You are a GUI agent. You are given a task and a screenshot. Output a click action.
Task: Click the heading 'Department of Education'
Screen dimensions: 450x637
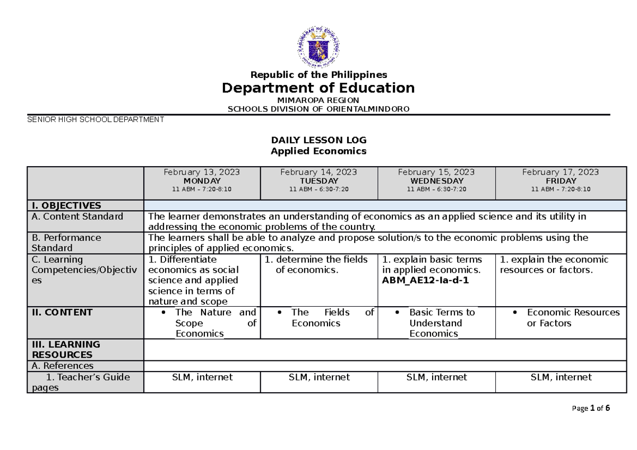(x=318, y=88)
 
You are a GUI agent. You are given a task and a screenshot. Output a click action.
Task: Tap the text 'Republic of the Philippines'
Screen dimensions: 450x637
(x=318, y=74)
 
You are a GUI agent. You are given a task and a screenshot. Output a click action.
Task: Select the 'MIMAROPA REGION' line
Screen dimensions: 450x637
(x=318, y=100)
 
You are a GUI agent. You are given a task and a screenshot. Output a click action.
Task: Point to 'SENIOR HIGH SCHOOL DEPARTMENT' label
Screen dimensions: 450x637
(x=96, y=119)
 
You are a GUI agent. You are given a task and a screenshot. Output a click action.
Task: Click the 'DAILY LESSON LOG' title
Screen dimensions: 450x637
(x=318, y=140)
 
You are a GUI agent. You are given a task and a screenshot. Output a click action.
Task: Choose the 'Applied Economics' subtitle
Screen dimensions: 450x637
(x=318, y=151)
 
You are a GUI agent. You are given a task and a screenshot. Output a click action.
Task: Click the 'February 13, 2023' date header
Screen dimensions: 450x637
(x=201, y=172)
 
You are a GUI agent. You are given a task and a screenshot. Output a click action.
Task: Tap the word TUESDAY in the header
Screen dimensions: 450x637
(x=318, y=181)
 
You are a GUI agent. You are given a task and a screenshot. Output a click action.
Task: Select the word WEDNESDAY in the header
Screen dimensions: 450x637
(x=436, y=181)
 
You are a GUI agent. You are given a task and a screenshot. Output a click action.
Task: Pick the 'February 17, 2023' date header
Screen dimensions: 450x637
(x=560, y=172)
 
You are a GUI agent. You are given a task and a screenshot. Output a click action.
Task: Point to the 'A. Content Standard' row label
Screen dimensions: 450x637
(x=78, y=216)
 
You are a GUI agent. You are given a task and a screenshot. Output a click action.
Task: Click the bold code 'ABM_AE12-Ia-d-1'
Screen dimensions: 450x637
(x=425, y=281)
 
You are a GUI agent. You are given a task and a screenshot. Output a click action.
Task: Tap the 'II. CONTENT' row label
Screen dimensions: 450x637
(x=62, y=312)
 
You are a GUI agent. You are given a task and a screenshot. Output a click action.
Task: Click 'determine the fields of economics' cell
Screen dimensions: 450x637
(x=318, y=265)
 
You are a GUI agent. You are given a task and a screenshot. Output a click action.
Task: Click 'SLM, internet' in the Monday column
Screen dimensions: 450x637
(x=202, y=377)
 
